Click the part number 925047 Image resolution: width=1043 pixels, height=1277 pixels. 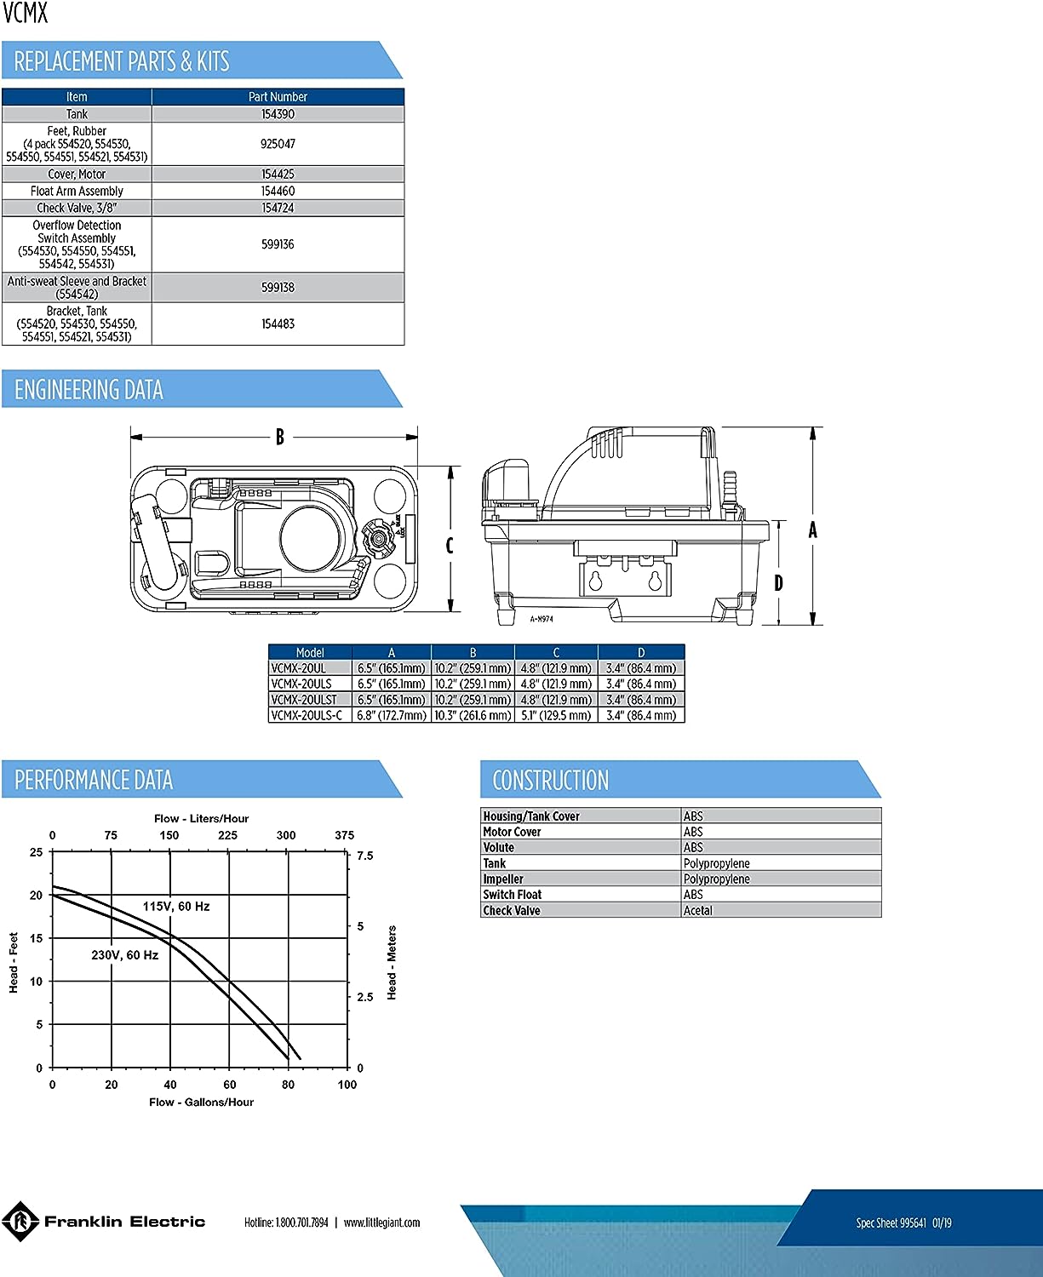(x=278, y=144)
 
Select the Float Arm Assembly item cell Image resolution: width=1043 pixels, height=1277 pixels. (x=77, y=192)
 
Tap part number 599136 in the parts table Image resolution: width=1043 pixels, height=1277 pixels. (x=278, y=244)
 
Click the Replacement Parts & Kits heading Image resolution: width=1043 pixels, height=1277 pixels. (x=122, y=61)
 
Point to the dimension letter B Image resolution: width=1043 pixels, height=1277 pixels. (x=280, y=438)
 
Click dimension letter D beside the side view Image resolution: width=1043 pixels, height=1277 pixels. (x=779, y=582)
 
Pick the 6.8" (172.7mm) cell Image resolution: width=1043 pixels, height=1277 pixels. (x=392, y=715)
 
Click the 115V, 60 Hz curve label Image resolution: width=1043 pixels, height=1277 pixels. (x=176, y=907)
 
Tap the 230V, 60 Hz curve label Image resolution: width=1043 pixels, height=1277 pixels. (x=125, y=955)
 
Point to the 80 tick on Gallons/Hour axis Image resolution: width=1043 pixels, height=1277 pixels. (x=288, y=1085)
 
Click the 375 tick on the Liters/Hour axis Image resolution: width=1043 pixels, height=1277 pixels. (x=345, y=835)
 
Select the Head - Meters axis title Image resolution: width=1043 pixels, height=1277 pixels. (x=392, y=963)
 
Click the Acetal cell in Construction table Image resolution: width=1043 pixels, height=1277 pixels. (x=698, y=911)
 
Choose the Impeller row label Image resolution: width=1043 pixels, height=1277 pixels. (x=503, y=879)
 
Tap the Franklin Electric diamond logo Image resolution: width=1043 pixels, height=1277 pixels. (x=20, y=1222)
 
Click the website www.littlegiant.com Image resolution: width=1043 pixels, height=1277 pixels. (x=381, y=1223)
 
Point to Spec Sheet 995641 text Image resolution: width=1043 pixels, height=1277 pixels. (x=891, y=1223)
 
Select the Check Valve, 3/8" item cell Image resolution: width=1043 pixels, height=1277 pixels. (x=77, y=209)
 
